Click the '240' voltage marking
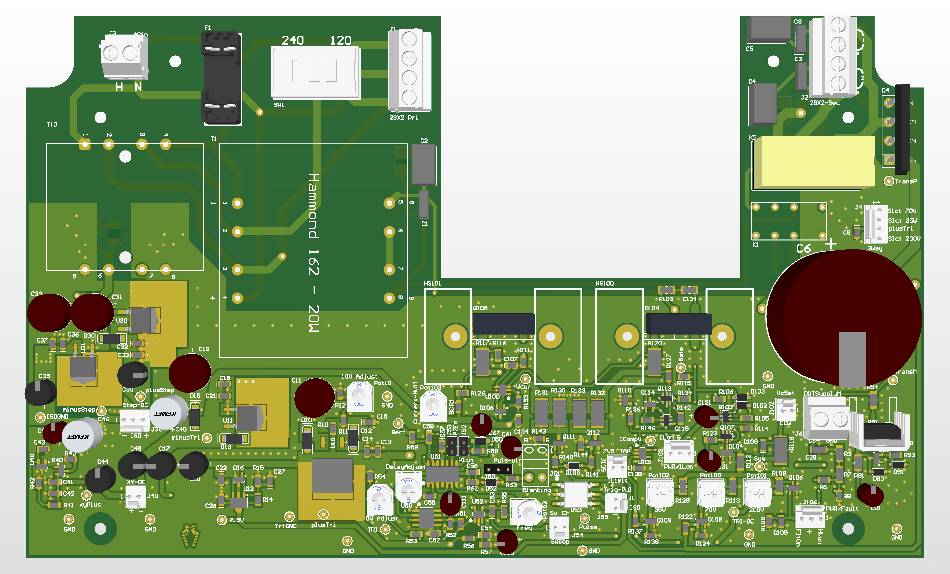[x=293, y=40]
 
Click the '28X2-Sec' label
[x=824, y=103]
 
